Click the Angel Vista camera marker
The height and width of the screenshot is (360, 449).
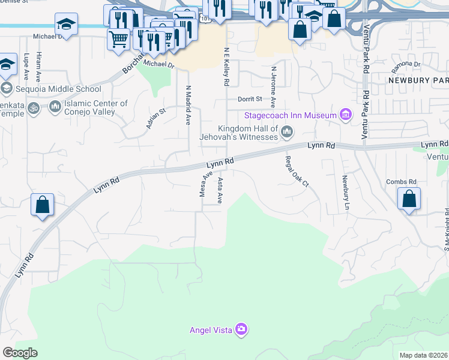click(241, 329)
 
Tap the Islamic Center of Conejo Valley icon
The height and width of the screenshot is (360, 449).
click(55, 107)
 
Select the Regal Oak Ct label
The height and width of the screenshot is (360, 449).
click(296, 171)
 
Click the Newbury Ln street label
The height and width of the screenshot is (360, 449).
click(346, 192)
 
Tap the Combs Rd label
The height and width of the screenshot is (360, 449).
click(402, 182)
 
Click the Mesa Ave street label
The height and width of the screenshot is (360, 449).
click(206, 184)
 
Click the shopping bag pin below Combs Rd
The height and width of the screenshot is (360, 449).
click(408, 200)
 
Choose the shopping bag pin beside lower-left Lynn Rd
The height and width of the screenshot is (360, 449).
click(42, 205)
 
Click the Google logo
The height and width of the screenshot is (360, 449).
click(20, 353)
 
